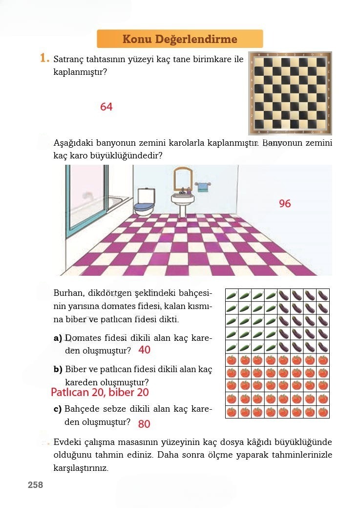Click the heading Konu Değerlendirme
[180, 39]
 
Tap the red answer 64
[106, 107]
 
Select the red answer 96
[285, 203]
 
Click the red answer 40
[145, 350]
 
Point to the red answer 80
[144, 423]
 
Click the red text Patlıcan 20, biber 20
[100, 393]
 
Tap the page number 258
[35, 485]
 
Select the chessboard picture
[290, 93]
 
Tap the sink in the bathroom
[183, 200]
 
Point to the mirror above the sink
[183, 178]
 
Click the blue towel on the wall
[203, 187]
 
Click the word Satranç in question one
[68, 60]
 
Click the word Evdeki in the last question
[66, 442]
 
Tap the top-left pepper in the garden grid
[232, 295]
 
